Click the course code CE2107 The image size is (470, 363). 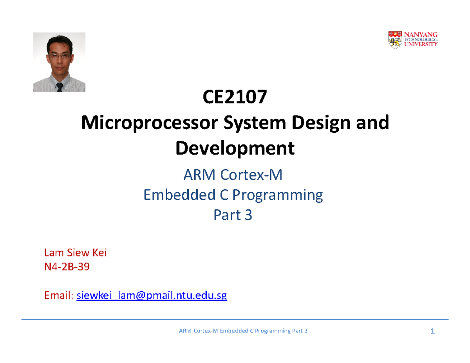coord(235,98)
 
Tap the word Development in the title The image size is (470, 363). coord(235,148)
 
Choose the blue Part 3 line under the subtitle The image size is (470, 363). coord(233,215)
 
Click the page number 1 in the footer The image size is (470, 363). coord(432,332)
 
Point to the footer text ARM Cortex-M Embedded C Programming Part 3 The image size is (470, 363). coord(243,331)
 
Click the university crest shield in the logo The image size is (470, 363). coord(394,40)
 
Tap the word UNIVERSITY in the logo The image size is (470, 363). coord(421,45)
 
